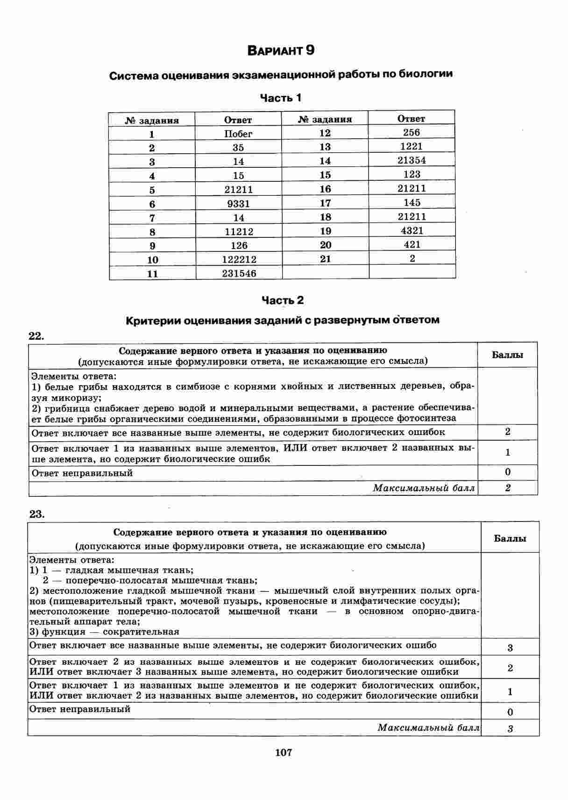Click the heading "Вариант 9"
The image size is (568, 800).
(281, 50)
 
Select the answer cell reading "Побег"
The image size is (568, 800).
(238, 134)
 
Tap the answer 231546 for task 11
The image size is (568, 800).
(239, 273)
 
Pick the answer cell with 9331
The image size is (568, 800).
(238, 204)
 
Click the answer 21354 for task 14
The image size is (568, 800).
(412, 160)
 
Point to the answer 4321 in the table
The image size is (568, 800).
(412, 230)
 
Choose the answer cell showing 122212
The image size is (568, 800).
(239, 259)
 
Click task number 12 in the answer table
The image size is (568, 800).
(325, 133)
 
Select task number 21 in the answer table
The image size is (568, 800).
(325, 259)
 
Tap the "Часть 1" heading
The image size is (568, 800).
(281, 98)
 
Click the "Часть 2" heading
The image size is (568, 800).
(282, 300)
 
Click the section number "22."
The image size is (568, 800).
(36, 336)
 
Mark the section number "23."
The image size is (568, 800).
(37, 514)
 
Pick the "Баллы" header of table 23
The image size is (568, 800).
(510, 538)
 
